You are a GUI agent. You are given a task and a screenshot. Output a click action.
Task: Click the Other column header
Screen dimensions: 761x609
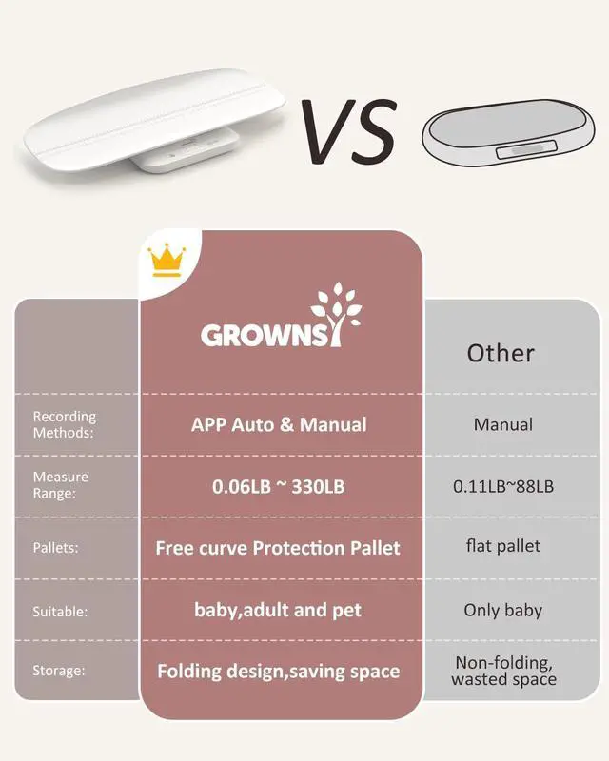(x=501, y=353)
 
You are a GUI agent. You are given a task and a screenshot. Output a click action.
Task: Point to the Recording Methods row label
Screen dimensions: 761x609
(x=65, y=424)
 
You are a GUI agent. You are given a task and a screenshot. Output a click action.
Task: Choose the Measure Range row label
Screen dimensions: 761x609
(x=60, y=485)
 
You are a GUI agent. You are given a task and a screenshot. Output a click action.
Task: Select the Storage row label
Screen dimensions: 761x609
(x=59, y=671)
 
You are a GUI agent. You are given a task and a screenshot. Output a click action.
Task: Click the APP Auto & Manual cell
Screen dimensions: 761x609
(x=279, y=424)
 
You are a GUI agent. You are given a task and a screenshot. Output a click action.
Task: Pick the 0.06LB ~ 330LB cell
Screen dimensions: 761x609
(x=278, y=486)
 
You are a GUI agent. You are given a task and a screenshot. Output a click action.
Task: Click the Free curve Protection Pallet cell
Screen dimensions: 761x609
(x=278, y=548)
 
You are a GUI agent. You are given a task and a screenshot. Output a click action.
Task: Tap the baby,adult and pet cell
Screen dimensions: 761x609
(x=278, y=610)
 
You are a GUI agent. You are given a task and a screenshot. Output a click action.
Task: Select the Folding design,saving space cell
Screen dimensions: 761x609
(x=278, y=671)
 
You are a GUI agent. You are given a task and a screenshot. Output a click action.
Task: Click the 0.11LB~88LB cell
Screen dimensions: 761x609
(x=503, y=486)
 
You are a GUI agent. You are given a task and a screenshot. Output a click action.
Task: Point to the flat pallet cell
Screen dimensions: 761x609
(x=503, y=546)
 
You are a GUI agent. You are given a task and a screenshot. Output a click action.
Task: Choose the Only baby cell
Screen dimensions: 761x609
(x=503, y=610)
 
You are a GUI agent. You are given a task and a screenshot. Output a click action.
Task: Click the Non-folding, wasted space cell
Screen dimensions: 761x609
(x=503, y=671)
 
